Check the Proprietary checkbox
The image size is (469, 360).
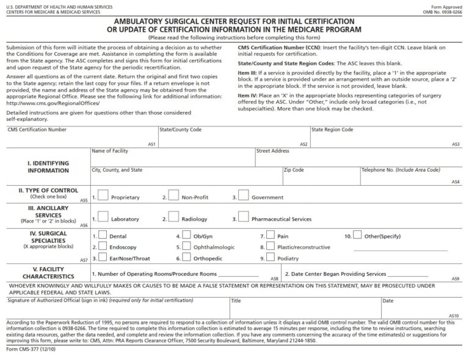click(x=103, y=196)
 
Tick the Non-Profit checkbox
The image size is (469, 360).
click(x=173, y=196)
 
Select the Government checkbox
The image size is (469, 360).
click(x=243, y=196)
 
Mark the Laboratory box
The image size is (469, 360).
click(x=103, y=217)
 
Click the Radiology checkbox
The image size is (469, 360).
click(x=173, y=217)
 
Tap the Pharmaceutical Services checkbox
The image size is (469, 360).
click(x=243, y=217)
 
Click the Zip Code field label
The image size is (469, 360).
click(x=293, y=170)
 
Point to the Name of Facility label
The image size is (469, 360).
click(x=109, y=150)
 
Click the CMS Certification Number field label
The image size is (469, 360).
click(x=37, y=130)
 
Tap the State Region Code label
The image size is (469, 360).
click(x=332, y=130)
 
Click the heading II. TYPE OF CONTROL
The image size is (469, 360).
click(x=48, y=191)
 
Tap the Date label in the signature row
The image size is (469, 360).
click(x=388, y=301)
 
